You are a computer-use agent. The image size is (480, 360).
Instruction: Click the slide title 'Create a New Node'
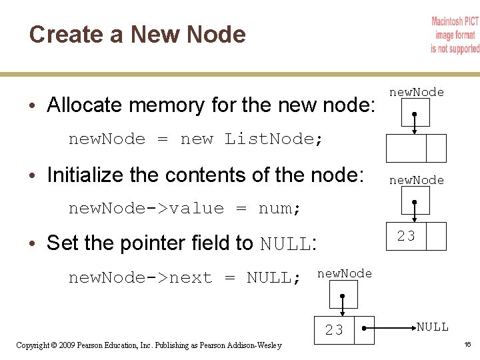(x=137, y=35)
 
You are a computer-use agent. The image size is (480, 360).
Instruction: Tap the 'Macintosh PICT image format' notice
(x=455, y=35)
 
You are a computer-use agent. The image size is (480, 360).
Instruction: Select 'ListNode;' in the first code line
(x=273, y=139)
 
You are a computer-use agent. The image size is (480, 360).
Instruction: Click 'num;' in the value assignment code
(x=279, y=209)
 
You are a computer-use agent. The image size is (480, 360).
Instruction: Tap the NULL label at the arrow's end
(x=433, y=327)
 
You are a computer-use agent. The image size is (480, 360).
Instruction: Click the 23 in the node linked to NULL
(x=334, y=330)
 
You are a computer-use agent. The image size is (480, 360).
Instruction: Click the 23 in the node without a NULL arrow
(x=406, y=235)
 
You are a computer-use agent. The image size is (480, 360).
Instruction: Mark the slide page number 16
(x=468, y=345)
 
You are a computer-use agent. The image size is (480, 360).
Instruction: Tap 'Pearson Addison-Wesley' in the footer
(x=246, y=345)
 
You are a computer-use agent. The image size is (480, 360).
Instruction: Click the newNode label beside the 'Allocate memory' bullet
(x=417, y=93)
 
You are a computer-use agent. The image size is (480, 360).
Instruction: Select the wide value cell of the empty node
(x=406, y=147)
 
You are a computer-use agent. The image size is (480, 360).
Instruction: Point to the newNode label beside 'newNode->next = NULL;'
(x=345, y=274)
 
